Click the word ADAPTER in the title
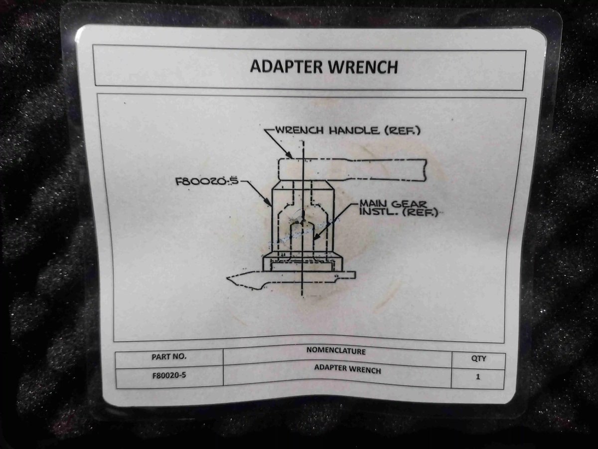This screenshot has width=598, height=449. click(x=286, y=66)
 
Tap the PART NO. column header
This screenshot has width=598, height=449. click(x=169, y=356)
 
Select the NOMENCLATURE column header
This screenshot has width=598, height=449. click(x=336, y=351)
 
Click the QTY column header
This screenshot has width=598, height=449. click(x=478, y=359)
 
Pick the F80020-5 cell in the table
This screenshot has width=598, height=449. click(x=169, y=375)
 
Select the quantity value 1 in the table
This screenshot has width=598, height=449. click(x=477, y=377)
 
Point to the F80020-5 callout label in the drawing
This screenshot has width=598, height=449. click(x=207, y=181)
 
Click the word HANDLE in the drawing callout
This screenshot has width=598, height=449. click(x=354, y=130)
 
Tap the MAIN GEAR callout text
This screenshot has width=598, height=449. click(x=393, y=204)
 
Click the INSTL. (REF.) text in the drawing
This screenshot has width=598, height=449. click(x=398, y=212)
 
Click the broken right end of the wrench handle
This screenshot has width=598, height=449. click(x=425, y=170)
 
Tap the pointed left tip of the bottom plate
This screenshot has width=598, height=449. click(x=227, y=278)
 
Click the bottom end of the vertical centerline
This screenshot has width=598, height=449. click(x=302, y=297)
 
